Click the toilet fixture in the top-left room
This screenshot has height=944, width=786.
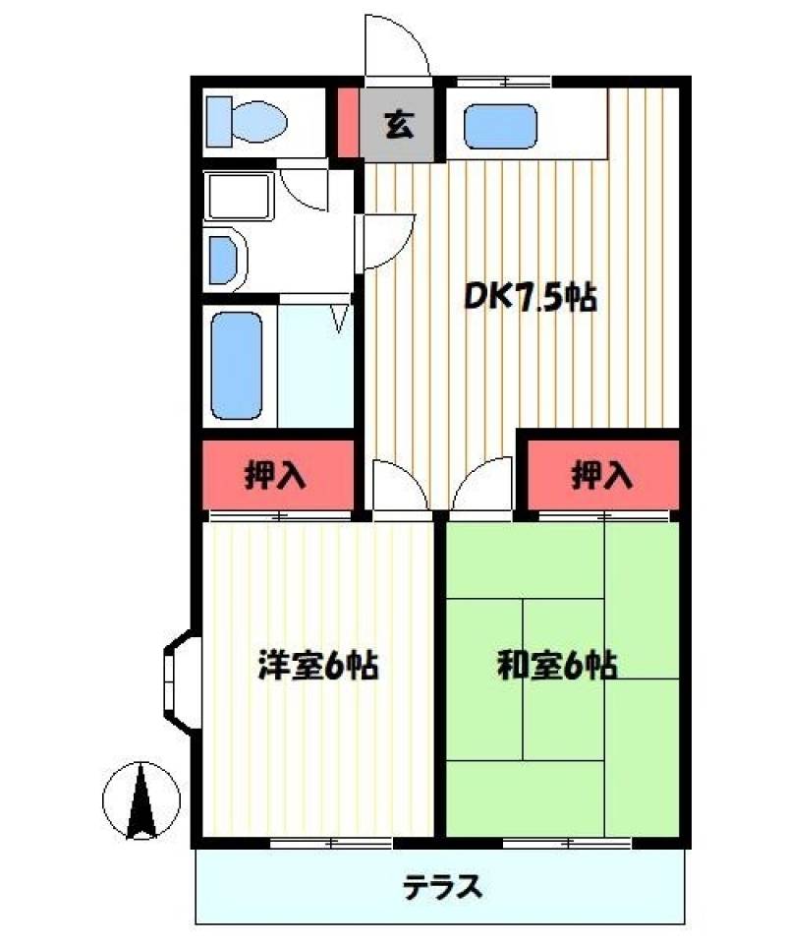(x=246, y=122)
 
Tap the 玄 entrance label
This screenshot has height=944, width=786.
(x=398, y=125)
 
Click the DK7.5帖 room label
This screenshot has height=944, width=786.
(x=531, y=296)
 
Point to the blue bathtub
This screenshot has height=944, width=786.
(x=238, y=365)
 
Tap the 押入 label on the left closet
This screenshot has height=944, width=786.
(x=276, y=477)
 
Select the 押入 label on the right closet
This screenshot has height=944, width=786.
(x=602, y=477)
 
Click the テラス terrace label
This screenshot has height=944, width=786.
(x=442, y=887)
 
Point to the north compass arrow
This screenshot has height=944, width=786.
(x=142, y=798)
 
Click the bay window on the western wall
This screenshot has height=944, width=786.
(x=177, y=678)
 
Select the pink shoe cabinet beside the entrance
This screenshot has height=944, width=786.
(x=348, y=123)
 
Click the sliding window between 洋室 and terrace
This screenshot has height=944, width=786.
(x=331, y=843)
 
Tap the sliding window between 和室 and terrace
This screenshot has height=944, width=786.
(x=567, y=843)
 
